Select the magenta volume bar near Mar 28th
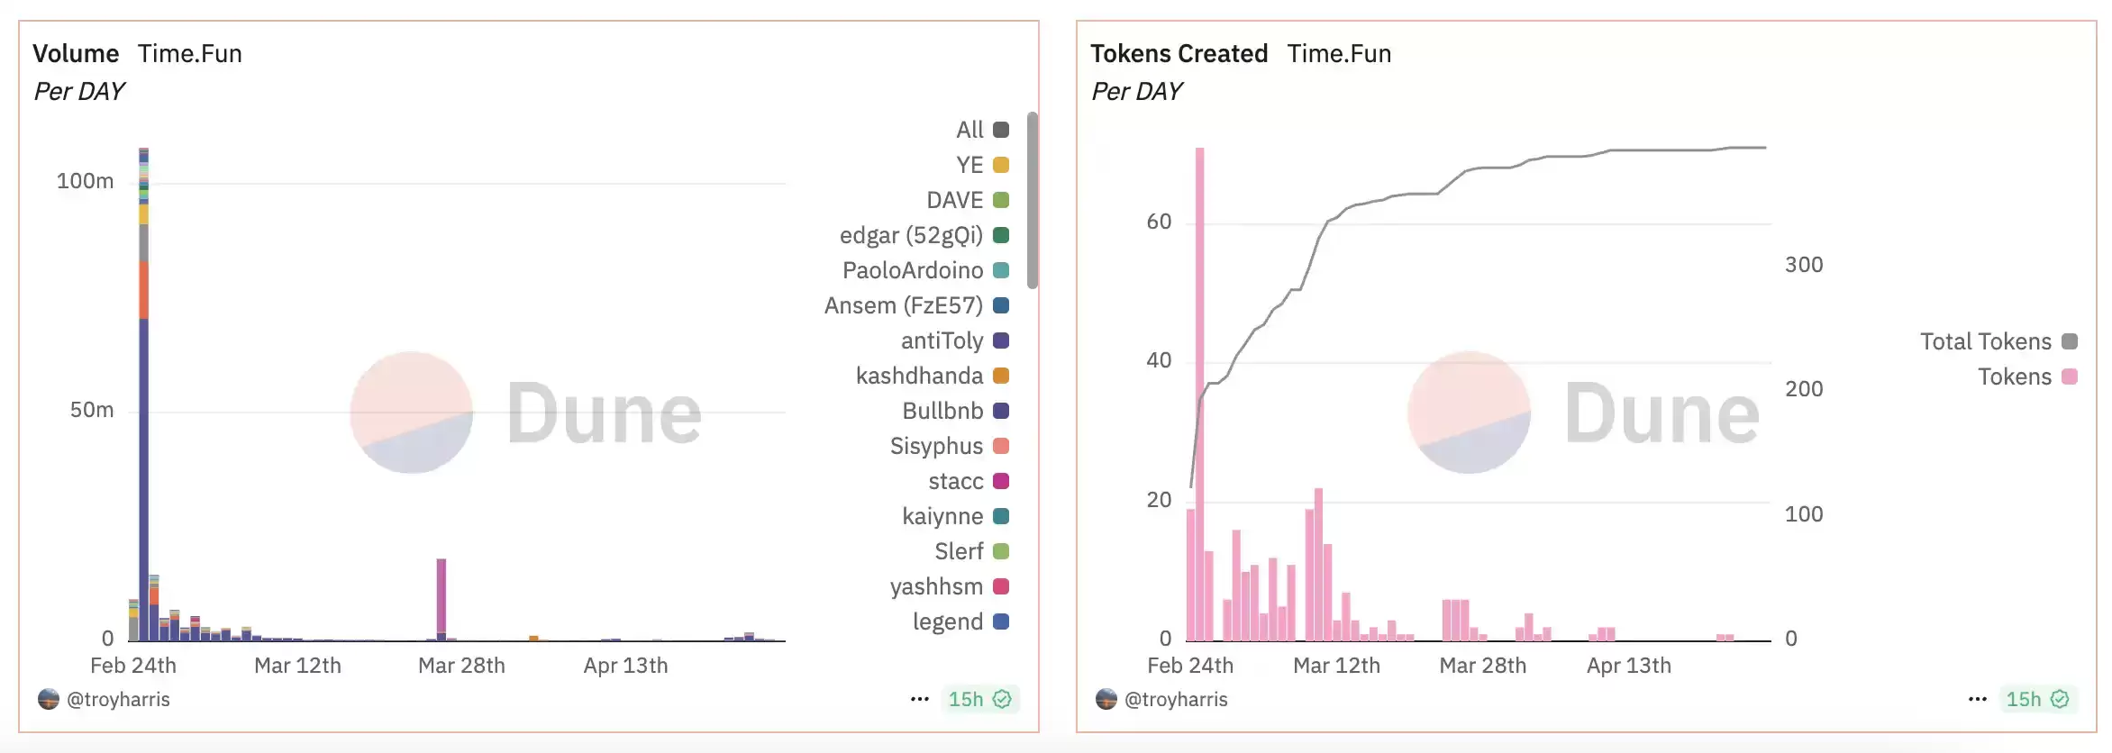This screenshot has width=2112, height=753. tap(441, 594)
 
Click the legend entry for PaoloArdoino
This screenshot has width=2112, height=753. tap(913, 270)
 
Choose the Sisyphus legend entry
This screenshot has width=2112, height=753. tap(936, 446)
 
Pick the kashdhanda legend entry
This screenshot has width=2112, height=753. tap(919, 376)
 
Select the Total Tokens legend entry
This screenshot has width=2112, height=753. tap(1985, 341)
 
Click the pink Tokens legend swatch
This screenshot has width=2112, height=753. tap(2070, 376)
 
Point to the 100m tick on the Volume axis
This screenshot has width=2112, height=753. tap(85, 181)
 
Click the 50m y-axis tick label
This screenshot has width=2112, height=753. tap(92, 410)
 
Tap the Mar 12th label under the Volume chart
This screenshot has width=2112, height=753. tap(297, 666)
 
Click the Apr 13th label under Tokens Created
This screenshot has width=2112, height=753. tap(1628, 666)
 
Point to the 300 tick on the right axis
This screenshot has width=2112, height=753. tap(1803, 265)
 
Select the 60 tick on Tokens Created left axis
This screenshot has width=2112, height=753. tap(1159, 222)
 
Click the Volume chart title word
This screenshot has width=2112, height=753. tap(76, 54)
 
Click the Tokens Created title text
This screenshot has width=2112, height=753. tap(1179, 54)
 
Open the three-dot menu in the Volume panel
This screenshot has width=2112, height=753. tap(919, 699)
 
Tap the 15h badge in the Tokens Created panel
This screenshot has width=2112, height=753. tap(2035, 699)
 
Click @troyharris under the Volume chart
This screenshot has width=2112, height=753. tap(118, 699)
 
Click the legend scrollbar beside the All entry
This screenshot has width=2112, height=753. tap(1033, 198)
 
